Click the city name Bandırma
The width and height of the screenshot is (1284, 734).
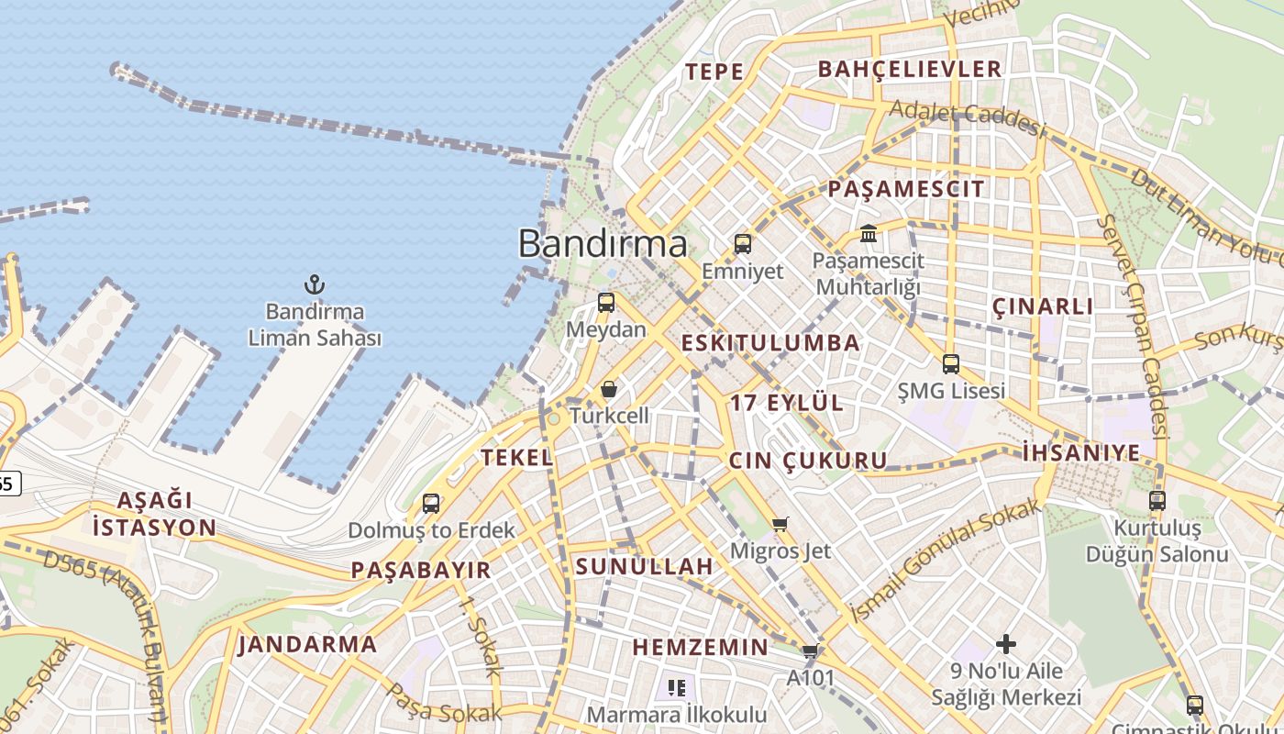tap(603, 244)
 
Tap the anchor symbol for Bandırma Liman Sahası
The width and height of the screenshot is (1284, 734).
tap(315, 284)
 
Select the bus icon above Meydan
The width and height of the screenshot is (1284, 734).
tap(605, 303)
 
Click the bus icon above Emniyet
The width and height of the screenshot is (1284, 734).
tap(743, 244)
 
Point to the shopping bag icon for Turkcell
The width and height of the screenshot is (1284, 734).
tap(608, 390)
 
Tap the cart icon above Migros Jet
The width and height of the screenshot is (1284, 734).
tap(780, 525)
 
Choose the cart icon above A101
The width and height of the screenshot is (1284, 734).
tap(810, 651)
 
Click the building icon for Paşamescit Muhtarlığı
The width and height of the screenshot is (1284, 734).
tap(869, 234)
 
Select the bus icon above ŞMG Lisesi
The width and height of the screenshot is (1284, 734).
tap(951, 364)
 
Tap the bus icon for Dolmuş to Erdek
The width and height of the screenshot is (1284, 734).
tap(431, 504)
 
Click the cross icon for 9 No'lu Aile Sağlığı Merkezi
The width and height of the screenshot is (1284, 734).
tap(1006, 644)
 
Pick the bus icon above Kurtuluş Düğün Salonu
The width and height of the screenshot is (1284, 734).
tap(1157, 501)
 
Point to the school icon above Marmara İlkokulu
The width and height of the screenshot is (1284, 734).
tap(677, 687)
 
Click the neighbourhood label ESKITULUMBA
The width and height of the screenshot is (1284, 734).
tap(770, 343)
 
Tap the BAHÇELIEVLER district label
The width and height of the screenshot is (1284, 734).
tap(909, 69)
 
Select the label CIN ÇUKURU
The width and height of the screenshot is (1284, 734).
tap(808, 461)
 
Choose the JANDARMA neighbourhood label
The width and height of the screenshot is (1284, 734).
tap(307, 644)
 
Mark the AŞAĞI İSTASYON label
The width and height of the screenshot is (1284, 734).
tap(154, 514)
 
